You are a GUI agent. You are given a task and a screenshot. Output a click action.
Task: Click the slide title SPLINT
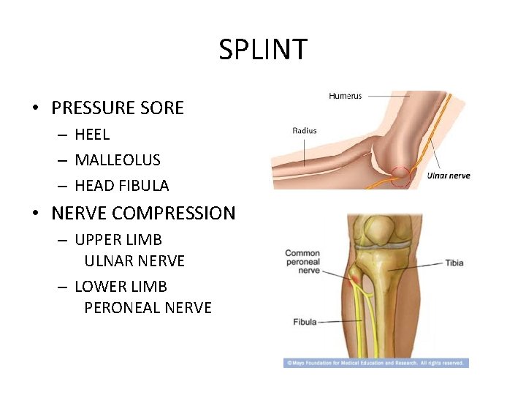(x=263, y=50)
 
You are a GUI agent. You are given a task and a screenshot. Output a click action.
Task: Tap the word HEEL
(x=92, y=135)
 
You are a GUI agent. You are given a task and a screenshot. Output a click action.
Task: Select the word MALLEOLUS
(x=118, y=160)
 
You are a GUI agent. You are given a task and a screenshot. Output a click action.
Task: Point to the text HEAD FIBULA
(x=121, y=186)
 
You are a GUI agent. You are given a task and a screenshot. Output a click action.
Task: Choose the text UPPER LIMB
(x=118, y=240)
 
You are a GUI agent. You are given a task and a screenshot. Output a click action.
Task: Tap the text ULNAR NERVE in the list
(x=134, y=261)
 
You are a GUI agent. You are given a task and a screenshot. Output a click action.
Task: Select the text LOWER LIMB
(x=121, y=286)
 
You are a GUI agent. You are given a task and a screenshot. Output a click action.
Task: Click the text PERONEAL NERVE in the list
(x=148, y=308)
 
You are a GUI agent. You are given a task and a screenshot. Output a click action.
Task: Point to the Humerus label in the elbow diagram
(x=345, y=96)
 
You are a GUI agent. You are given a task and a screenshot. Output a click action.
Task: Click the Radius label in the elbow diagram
(x=305, y=131)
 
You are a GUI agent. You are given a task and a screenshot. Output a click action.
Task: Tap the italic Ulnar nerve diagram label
(x=449, y=176)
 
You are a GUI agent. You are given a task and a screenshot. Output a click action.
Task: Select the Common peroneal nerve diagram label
(x=302, y=261)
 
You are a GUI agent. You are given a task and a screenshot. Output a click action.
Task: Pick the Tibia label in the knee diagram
(x=454, y=263)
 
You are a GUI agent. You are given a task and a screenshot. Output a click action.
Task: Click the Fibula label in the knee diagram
(x=305, y=322)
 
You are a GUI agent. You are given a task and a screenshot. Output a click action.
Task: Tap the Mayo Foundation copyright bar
(x=376, y=363)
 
